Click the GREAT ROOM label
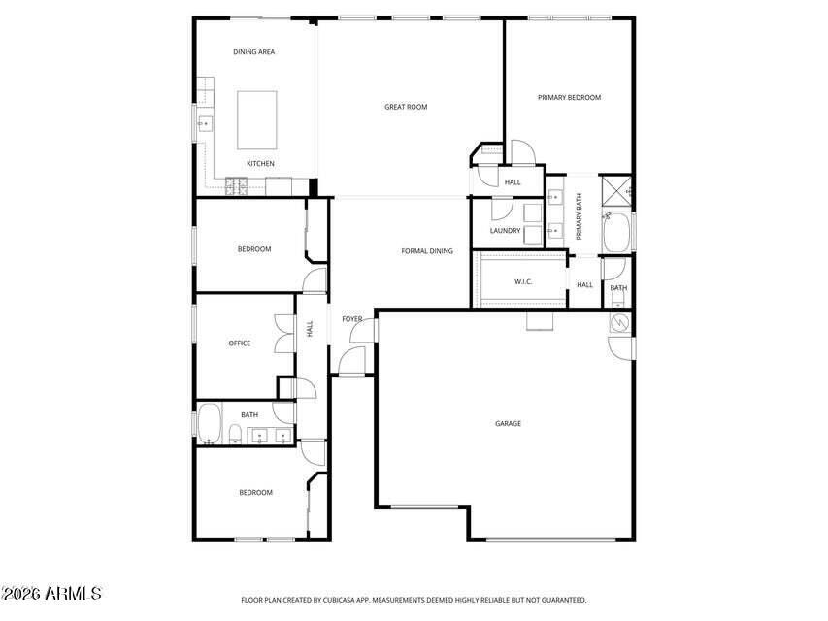point(406,107)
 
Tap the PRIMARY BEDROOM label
point(570,97)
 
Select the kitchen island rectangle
point(256,119)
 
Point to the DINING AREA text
point(254,52)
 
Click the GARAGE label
point(508,423)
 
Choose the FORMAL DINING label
point(427,251)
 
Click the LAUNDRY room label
point(505,231)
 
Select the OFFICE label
point(239,343)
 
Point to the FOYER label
point(351,319)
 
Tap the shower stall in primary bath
point(616,191)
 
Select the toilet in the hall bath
point(236,434)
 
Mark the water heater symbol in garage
point(618,323)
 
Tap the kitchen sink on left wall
point(205,124)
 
